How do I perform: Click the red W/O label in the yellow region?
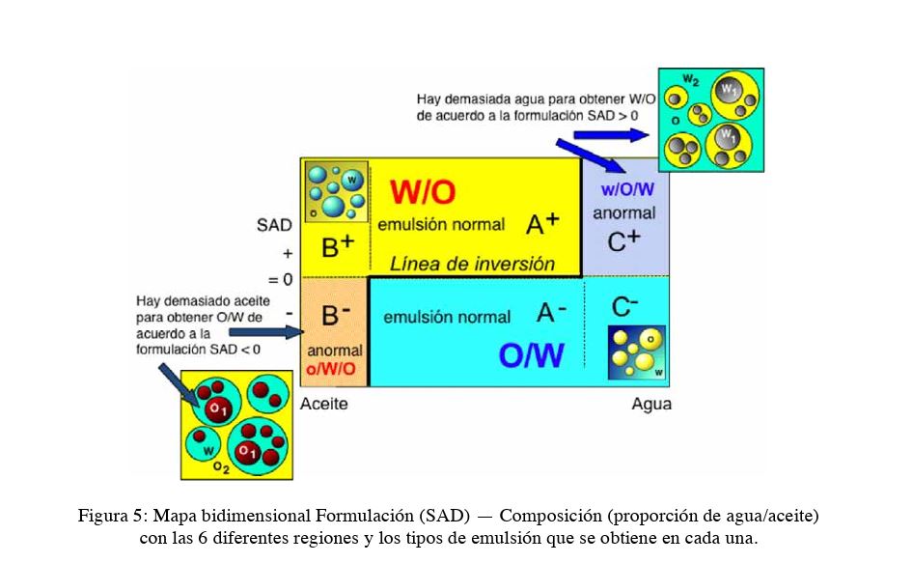(x=423, y=192)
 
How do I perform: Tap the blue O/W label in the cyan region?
(x=531, y=355)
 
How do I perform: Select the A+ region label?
(x=542, y=224)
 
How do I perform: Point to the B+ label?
(x=338, y=246)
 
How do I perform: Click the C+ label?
(x=623, y=241)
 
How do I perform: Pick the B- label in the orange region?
(x=336, y=316)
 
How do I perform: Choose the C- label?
(x=624, y=306)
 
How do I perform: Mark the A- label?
(x=551, y=313)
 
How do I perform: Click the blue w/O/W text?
(x=627, y=189)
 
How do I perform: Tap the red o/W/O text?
(x=331, y=369)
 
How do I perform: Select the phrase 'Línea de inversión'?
(x=472, y=264)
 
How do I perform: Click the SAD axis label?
(x=274, y=225)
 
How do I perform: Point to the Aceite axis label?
(x=323, y=404)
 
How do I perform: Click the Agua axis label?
(x=651, y=404)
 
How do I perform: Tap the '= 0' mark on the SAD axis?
(x=280, y=280)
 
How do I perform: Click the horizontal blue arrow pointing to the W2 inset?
(x=611, y=135)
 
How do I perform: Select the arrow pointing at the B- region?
(x=266, y=333)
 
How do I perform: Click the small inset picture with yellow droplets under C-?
(x=636, y=352)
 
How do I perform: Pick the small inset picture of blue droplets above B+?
(x=337, y=192)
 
